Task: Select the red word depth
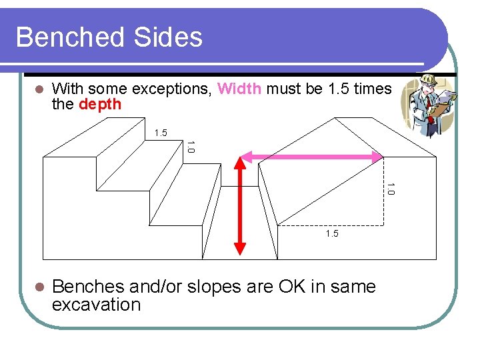(x=100, y=105)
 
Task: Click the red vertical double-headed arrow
(x=241, y=207)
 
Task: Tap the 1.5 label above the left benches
(x=161, y=133)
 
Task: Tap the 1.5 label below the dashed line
(x=332, y=233)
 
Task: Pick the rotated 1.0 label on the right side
(x=391, y=189)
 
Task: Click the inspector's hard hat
(x=427, y=81)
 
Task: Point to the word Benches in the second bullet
(x=89, y=287)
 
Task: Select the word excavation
(x=96, y=305)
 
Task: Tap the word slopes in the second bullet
(x=212, y=287)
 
